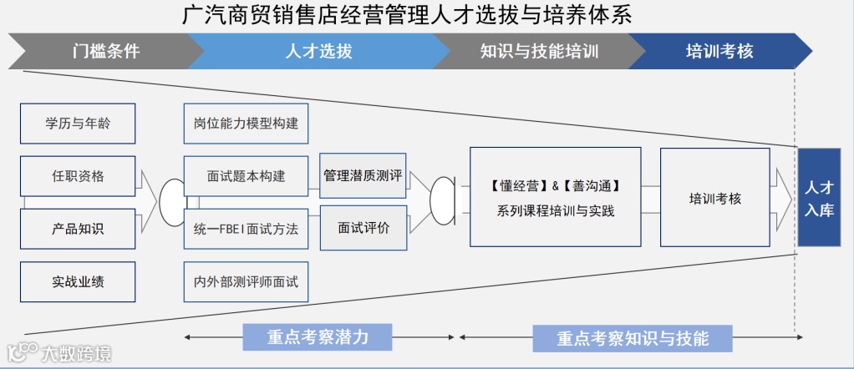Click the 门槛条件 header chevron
(105, 51)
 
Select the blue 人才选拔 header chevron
(318, 51)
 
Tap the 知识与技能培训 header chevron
(539, 51)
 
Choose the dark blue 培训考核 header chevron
(719, 51)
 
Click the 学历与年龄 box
(78, 124)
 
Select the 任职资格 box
(78, 176)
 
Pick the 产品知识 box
(78, 229)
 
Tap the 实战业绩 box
(78, 281)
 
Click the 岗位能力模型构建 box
(246, 124)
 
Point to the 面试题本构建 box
(246, 176)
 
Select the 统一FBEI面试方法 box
(246, 229)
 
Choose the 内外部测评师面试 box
(246, 281)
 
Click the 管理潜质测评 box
(363, 175)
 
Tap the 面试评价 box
(363, 227)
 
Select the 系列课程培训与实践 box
(555, 197)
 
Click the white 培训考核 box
(714, 198)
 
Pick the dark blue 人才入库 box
(819, 197)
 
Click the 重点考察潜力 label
(318, 336)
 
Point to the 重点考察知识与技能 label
(633, 337)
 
